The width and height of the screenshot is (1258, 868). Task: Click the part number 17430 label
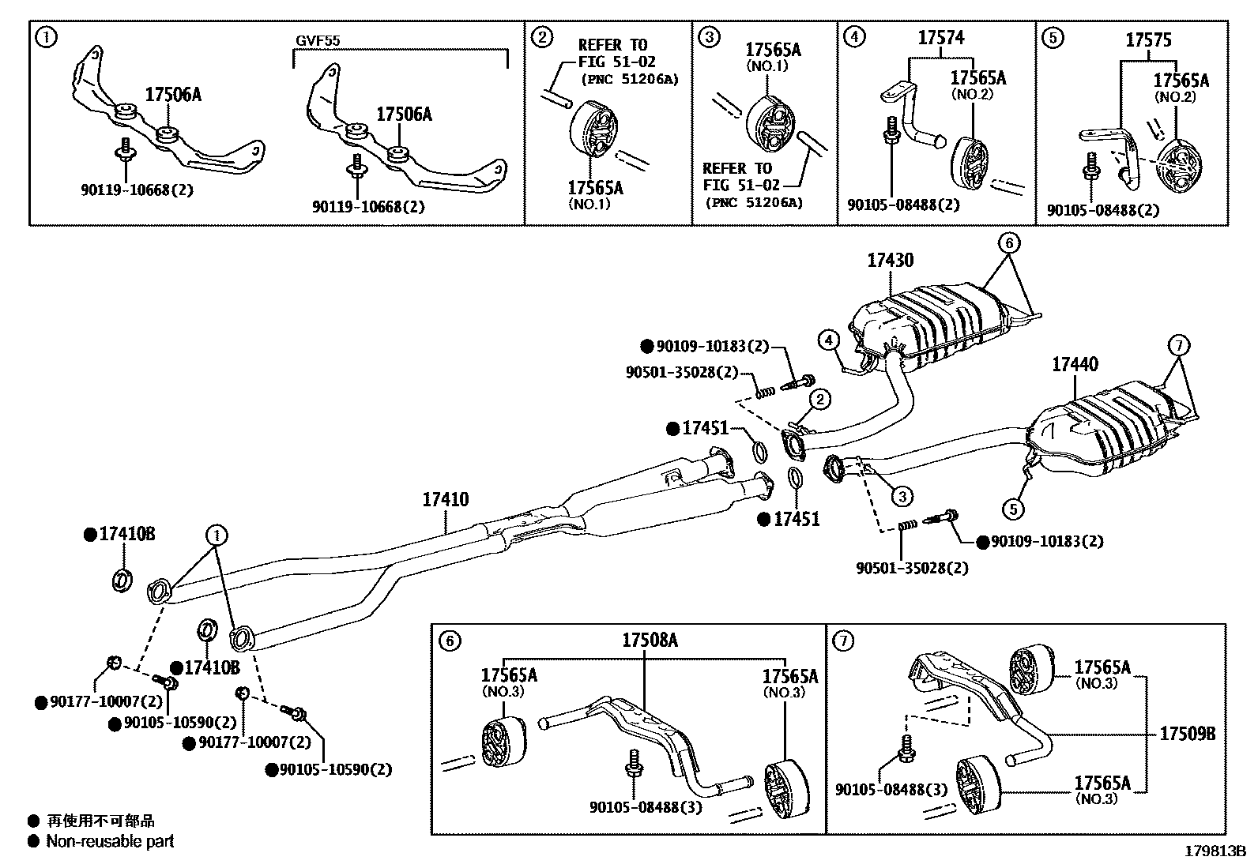pos(891,260)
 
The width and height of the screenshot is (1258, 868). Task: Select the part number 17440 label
pos(1075,364)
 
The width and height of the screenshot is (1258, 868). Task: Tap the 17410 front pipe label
pos(445,499)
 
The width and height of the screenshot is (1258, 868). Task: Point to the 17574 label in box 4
pos(941,37)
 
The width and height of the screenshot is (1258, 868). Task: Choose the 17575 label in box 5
pos(1148,39)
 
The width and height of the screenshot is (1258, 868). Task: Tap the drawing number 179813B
pos(1215,851)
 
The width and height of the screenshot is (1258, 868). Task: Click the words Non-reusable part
pos(110,841)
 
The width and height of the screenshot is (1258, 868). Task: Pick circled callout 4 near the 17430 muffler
pos(828,340)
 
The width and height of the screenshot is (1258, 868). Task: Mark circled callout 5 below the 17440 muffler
pos(1015,509)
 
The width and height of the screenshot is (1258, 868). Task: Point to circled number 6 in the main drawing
pos(1009,244)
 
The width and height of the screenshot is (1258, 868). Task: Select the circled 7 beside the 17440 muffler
pos(1178,345)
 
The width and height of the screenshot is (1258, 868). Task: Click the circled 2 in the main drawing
pos(820,400)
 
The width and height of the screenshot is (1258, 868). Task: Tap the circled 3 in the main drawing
pos(901,496)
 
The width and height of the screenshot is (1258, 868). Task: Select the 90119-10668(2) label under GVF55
pos(368,206)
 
